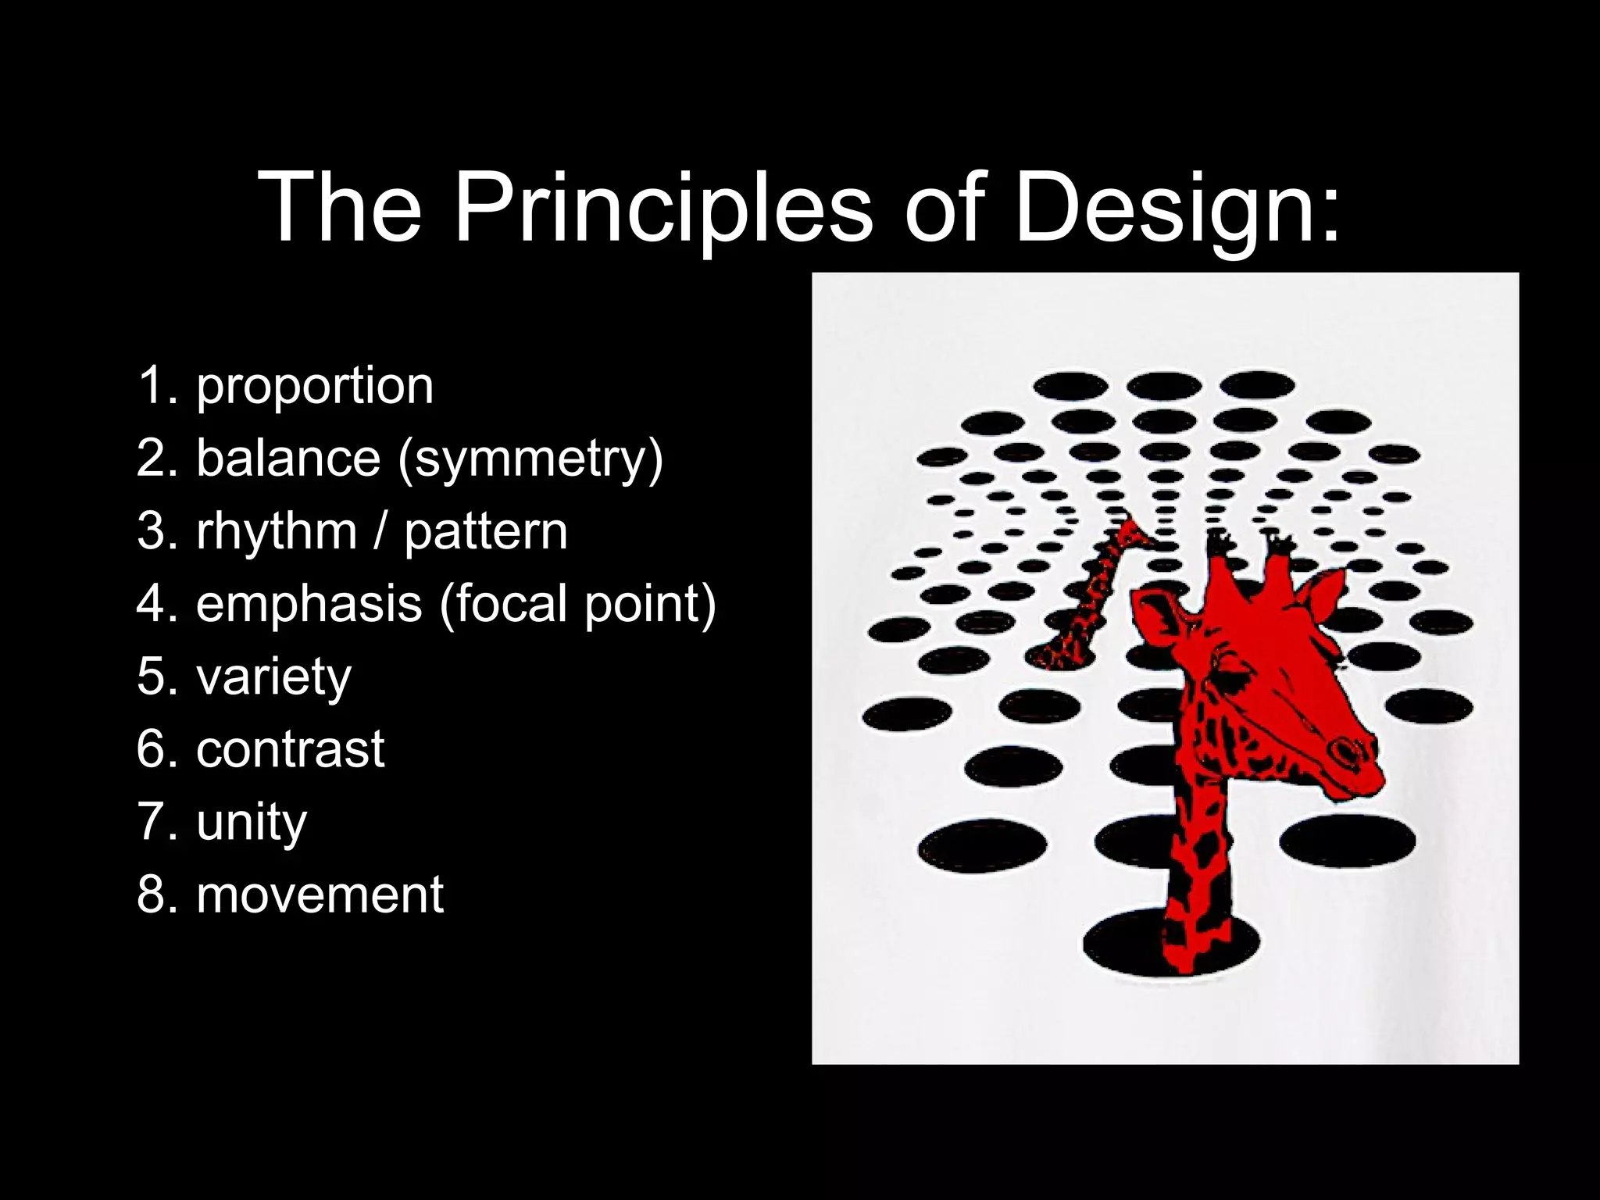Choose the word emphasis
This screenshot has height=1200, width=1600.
[x=309, y=603]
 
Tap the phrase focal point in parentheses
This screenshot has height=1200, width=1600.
[x=578, y=603]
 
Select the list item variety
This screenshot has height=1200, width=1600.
[x=273, y=676]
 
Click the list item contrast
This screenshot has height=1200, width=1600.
[x=290, y=748]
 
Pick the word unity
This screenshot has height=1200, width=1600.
[x=252, y=821]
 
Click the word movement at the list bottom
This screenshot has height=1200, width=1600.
[x=320, y=894]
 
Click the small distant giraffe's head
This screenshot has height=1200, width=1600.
[x=1130, y=535]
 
